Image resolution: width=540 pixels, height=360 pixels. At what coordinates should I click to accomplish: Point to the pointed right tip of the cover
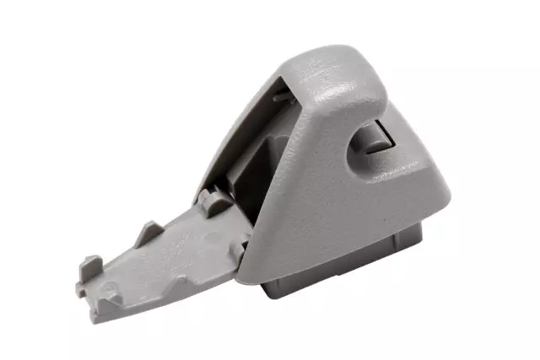coord(447,202)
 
